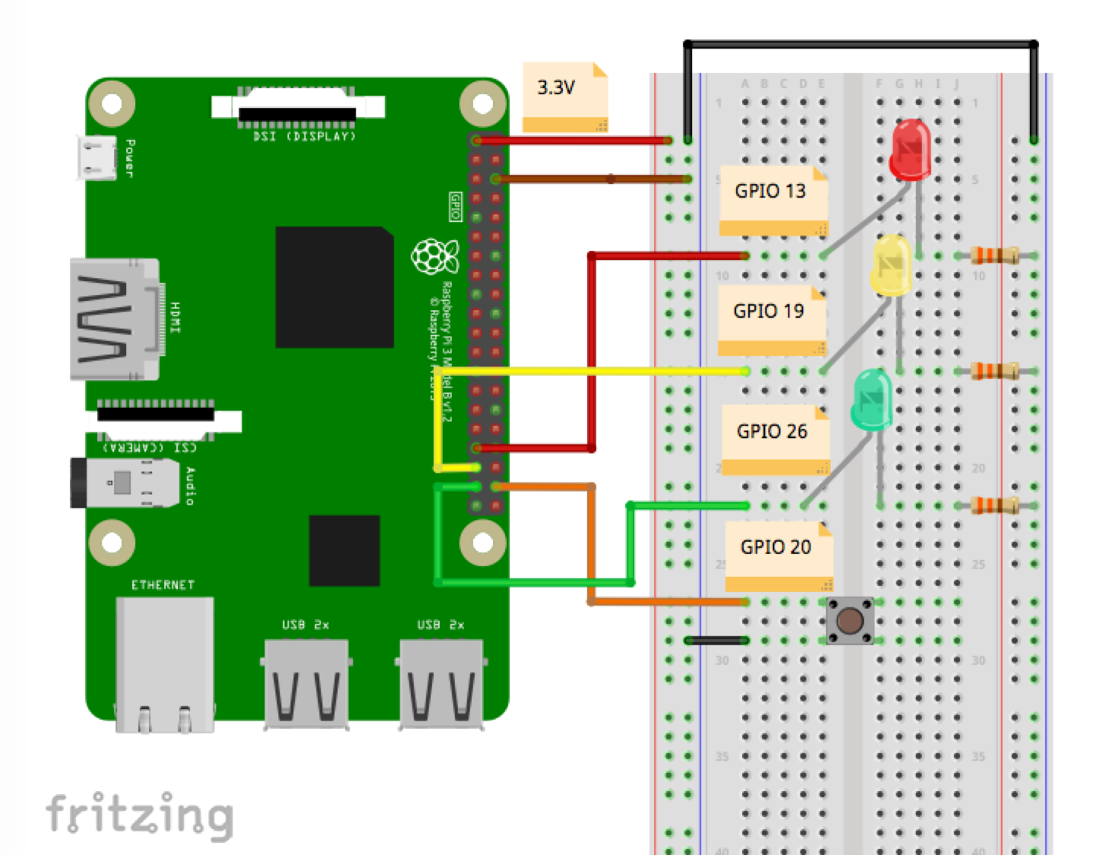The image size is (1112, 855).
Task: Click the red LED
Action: tap(910, 150)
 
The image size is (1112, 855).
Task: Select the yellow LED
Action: tap(890, 266)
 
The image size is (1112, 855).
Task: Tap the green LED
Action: tap(872, 399)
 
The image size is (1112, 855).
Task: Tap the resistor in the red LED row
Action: tap(994, 256)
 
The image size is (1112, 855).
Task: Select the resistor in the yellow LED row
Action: tap(994, 371)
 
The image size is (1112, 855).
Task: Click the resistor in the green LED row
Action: tap(994, 505)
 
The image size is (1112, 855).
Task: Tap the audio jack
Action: tap(122, 483)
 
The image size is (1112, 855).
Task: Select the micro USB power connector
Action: tap(97, 158)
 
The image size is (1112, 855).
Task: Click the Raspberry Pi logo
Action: tap(434, 257)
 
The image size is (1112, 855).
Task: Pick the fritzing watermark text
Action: tap(140, 815)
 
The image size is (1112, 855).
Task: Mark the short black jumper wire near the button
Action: tap(716, 641)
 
